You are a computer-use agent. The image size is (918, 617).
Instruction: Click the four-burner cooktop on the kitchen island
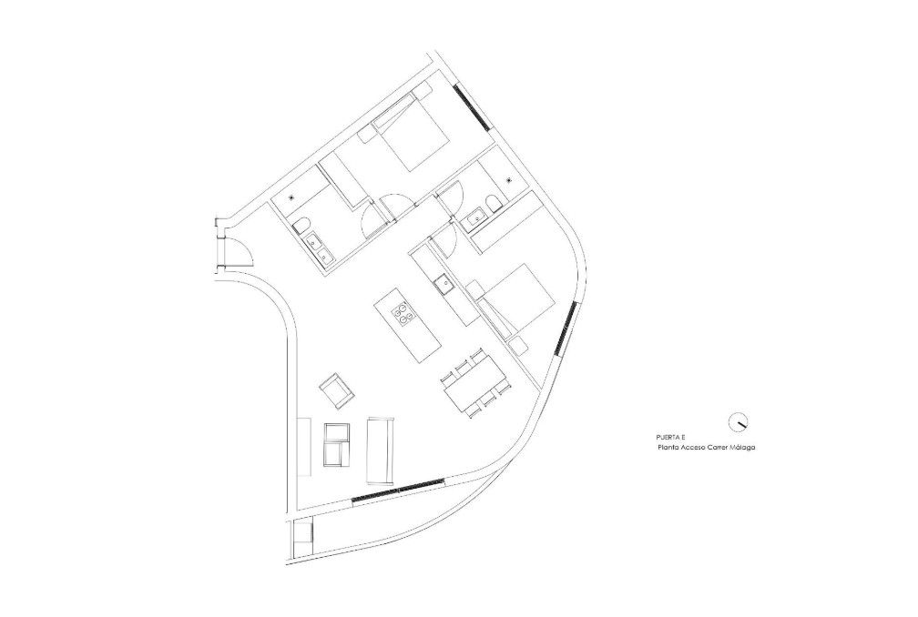tap(403, 312)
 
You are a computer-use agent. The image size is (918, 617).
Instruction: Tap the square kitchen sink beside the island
tap(443, 284)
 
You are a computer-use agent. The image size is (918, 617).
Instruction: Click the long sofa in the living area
tap(381, 450)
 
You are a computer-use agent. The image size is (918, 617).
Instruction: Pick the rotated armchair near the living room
tap(337, 390)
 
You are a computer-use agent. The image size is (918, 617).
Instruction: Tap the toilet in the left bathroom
tap(301, 225)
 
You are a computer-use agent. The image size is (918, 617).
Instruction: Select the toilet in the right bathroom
tap(493, 204)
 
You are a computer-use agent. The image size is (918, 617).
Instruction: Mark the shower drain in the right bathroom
tap(509, 179)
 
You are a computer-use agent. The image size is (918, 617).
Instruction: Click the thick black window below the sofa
tap(398, 491)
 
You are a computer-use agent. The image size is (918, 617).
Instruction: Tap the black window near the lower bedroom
tap(566, 328)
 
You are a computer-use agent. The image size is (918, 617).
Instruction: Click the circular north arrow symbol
tap(739, 421)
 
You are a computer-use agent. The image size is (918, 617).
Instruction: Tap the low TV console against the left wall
tap(303, 447)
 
